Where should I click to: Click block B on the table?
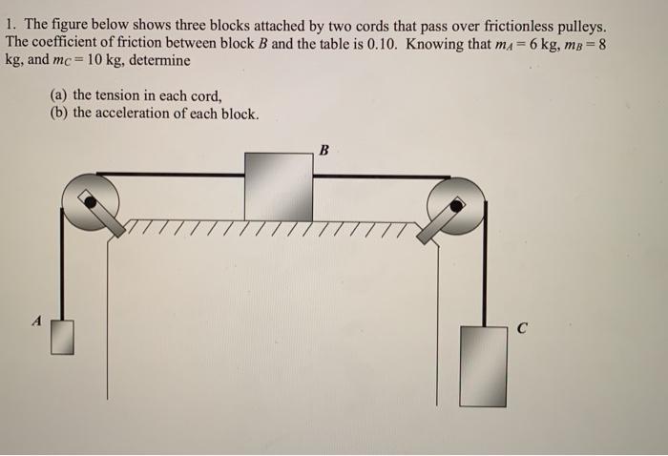point(279,187)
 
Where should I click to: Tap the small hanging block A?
point(62,337)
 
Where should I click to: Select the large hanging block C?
point(483,366)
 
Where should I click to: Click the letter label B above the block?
point(324,150)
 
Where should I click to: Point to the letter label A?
point(38,321)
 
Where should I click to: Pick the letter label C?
point(522,328)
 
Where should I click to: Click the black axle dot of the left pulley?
point(90,202)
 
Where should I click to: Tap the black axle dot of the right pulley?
point(456,206)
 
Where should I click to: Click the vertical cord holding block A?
point(62,264)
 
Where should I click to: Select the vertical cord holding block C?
point(485,264)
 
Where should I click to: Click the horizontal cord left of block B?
point(171,175)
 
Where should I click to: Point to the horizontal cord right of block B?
point(382,176)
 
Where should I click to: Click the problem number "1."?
point(10,24)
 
